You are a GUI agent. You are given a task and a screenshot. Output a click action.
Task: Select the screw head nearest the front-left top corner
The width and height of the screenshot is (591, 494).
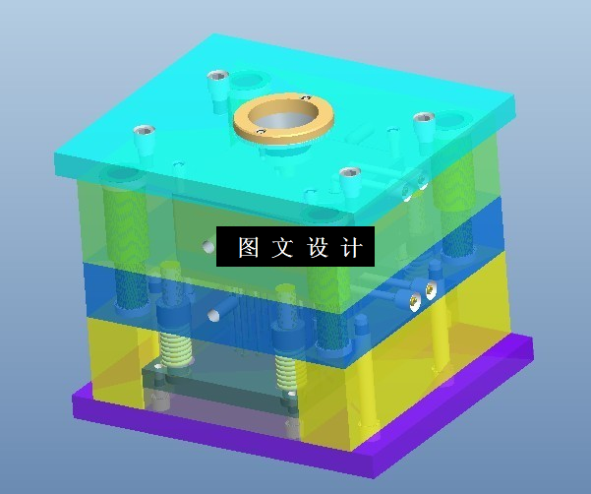click(x=144, y=130)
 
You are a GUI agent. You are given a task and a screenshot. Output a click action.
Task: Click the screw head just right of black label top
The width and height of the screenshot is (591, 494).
click(x=350, y=175)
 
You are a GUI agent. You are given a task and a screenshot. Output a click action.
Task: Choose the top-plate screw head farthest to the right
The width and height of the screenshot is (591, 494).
click(x=424, y=118)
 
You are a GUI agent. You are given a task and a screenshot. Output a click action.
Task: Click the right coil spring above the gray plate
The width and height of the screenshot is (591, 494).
click(x=285, y=368)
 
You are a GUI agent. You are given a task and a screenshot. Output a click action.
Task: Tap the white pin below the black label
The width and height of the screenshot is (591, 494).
click(x=213, y=316)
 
